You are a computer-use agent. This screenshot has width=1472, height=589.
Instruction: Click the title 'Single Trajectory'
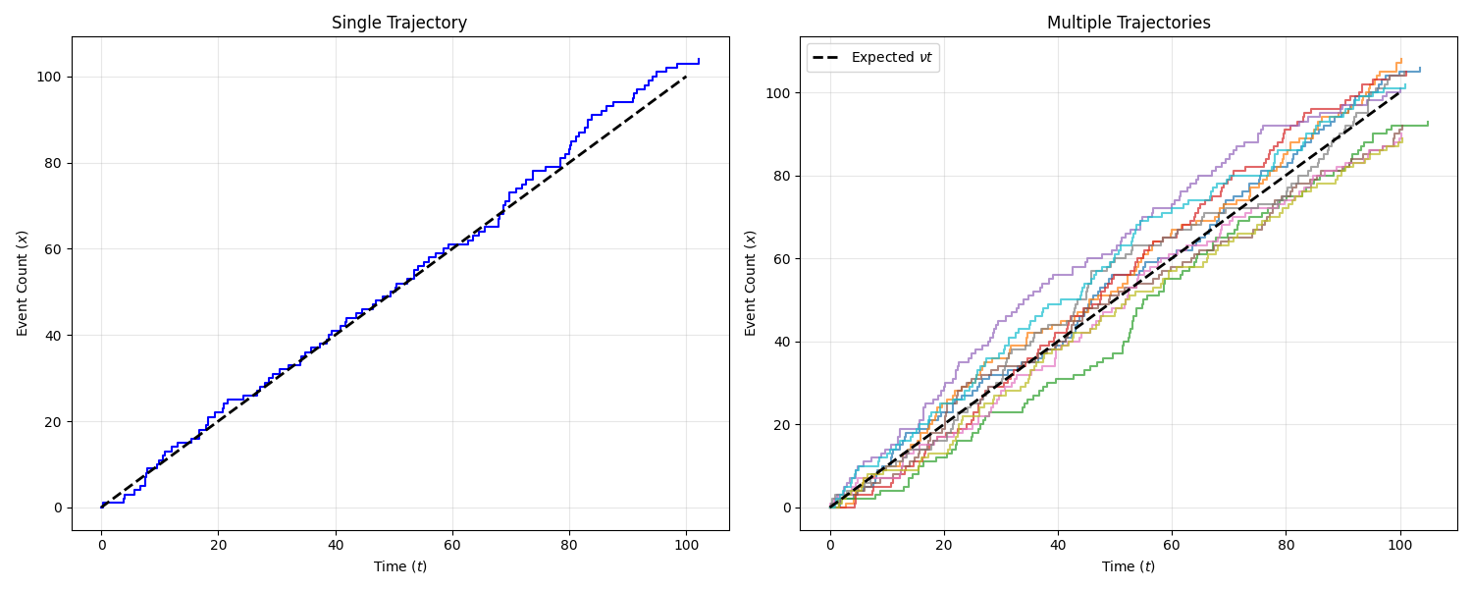click(x=399, y=23)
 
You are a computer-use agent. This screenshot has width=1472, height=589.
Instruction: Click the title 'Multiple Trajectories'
click(x=1129, y=23)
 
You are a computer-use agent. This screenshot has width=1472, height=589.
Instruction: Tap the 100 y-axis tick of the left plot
click(x=51, y=77)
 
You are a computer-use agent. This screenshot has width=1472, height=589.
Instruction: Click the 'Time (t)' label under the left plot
click(x=399, y=566)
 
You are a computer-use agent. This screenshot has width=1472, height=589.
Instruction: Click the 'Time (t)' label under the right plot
click(x=1129, y=566)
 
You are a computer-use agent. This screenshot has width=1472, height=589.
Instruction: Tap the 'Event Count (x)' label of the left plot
click(x=23, y=284)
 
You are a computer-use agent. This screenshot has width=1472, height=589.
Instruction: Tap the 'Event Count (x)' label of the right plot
click(x=751, y=284)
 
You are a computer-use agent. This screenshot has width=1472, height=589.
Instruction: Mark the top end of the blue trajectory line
click(x=699, y=59)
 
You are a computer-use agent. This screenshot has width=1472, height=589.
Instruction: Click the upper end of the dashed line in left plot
click(x=686, y=77)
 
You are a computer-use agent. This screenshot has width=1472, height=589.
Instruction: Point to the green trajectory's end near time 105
click(x=1428, y=122)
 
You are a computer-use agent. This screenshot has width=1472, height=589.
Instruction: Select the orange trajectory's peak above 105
click(x=1401, y=59)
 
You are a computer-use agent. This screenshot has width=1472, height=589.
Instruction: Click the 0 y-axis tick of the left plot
click(x=58, y=508)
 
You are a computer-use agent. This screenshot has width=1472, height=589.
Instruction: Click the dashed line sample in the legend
click(x=827, y=57)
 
